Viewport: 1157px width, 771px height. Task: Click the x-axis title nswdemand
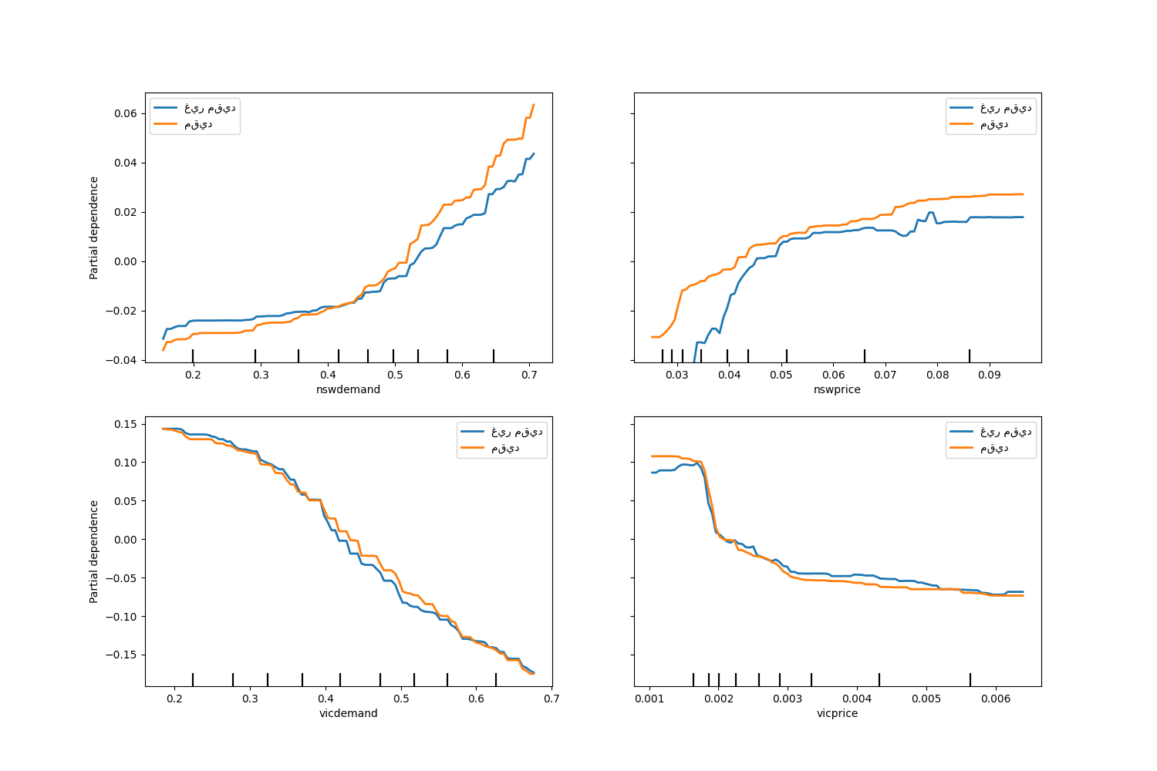pos(348,389)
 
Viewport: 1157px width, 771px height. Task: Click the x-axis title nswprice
pos(837,389)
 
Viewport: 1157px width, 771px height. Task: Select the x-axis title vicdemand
pos(348,713)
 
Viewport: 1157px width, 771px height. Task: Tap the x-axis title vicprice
pos(837,713)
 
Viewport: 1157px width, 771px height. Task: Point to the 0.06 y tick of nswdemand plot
pos(126,113)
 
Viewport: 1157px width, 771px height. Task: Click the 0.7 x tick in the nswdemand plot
pos(529,375)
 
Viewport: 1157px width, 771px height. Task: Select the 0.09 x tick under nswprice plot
pos(990,375)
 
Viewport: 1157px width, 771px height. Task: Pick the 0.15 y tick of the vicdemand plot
pos(126,424)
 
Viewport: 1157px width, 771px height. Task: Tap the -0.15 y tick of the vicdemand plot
pos(123,655)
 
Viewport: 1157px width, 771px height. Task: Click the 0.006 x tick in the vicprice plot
pos(996,699)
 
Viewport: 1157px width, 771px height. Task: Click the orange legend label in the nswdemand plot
pos(198,124)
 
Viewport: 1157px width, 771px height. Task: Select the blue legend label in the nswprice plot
pos(1006,108)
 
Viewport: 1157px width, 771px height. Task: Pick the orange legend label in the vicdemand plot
pos(505,448)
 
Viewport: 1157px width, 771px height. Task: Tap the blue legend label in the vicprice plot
pos(1006,432)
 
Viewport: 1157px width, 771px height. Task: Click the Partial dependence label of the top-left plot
pos(94,227)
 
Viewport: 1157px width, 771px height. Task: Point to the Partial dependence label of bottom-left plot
pos(94,551)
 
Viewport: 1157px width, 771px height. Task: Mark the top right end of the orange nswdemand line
pos(533,105)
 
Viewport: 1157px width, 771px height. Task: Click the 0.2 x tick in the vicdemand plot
pos(174,699)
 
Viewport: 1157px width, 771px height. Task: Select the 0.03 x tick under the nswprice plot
pos(677,375)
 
